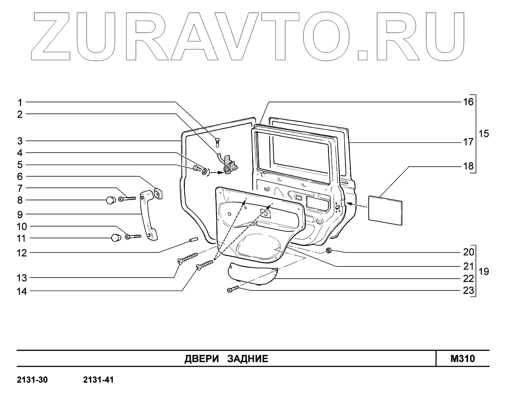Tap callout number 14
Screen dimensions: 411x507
[22, 291]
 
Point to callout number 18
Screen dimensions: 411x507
[468, 166]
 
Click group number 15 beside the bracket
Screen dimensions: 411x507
[484, 133]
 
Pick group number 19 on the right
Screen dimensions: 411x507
[484, 272]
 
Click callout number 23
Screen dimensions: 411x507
[468, 291]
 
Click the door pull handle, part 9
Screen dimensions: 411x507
[148, 215]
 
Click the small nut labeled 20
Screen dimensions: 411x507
[328, 251]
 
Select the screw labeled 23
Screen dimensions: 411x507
[233, 289]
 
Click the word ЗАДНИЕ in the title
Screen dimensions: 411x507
[247, 359]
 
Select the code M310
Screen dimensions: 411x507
[463, 359]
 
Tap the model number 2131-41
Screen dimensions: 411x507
[98, 380]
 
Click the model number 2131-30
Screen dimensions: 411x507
[33, 380]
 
